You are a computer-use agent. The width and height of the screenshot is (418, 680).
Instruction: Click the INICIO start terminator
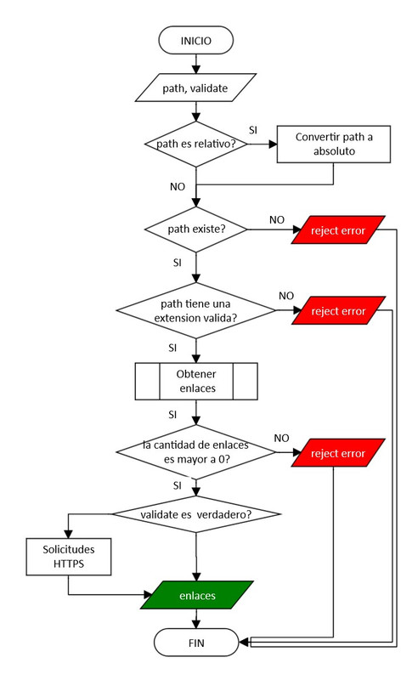[x=196, y=40]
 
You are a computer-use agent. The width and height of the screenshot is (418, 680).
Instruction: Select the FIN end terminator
[x=196, y=642]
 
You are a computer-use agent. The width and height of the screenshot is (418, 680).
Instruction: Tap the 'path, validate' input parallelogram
[x=196, y=87]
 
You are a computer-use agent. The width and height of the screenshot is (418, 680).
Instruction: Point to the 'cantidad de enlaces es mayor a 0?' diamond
[x=196, y=450]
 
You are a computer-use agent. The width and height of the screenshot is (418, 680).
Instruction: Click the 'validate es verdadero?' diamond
[x=196, y=515]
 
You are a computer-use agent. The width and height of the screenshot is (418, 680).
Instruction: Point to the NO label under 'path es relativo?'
[x=178, y=184]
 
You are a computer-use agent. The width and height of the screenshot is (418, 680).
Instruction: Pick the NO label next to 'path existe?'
[x=277, y=219]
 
